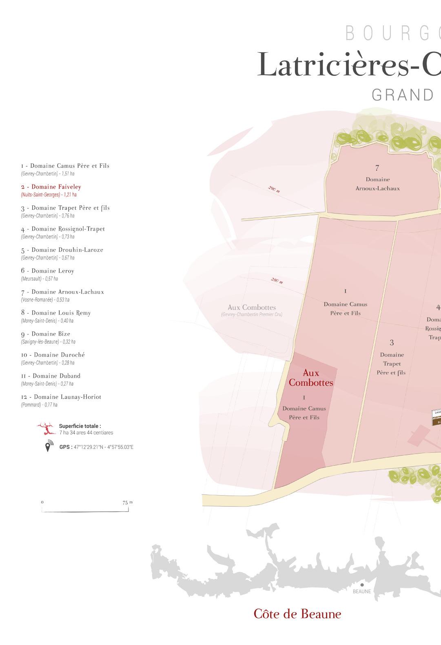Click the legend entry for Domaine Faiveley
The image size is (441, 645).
coord(51,187)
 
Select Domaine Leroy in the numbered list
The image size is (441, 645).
coord(48,271)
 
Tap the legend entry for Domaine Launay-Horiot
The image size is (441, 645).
coord(61,397)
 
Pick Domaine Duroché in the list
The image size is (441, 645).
coord(53,355)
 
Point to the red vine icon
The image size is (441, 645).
coord(47,429)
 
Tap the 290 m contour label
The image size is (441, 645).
coord(274,189)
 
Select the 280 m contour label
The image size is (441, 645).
coord(277,280)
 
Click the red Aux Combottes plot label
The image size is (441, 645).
coord(311,378)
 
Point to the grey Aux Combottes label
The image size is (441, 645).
coord(252,308)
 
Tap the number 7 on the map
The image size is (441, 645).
coord(377,168)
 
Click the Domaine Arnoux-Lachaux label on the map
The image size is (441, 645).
coord(377,184)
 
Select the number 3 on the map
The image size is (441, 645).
coord(392,343)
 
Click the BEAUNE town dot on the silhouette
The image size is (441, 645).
coord(361,585)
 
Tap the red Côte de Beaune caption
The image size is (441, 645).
coord(297,614)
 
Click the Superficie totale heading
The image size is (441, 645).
coord(80,426)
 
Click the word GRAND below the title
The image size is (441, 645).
coord(402,95)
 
